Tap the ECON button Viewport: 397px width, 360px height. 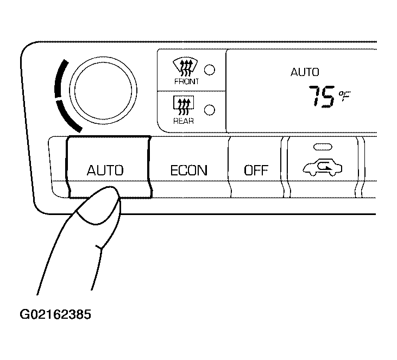[x=189, y=167]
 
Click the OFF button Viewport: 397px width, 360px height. [x=256, y=167]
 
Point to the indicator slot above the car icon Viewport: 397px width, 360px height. [x=323, y=147]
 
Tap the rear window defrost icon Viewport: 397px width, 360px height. [x=184, y=106]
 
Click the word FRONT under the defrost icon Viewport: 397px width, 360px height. [x=186, y=81]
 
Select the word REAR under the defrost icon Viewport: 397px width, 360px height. [x=184, y=121]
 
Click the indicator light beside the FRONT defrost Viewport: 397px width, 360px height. [x=210, y=70]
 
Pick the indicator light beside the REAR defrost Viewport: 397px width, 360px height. [x=210, y=110]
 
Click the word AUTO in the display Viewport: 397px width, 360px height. [x=305, y=72]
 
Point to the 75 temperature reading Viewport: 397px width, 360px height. [x=322, y=97]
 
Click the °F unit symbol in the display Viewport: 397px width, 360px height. [x=345, y=96]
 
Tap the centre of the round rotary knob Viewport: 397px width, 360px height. [x=103, y=91]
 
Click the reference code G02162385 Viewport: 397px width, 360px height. [x=55, y=314]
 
